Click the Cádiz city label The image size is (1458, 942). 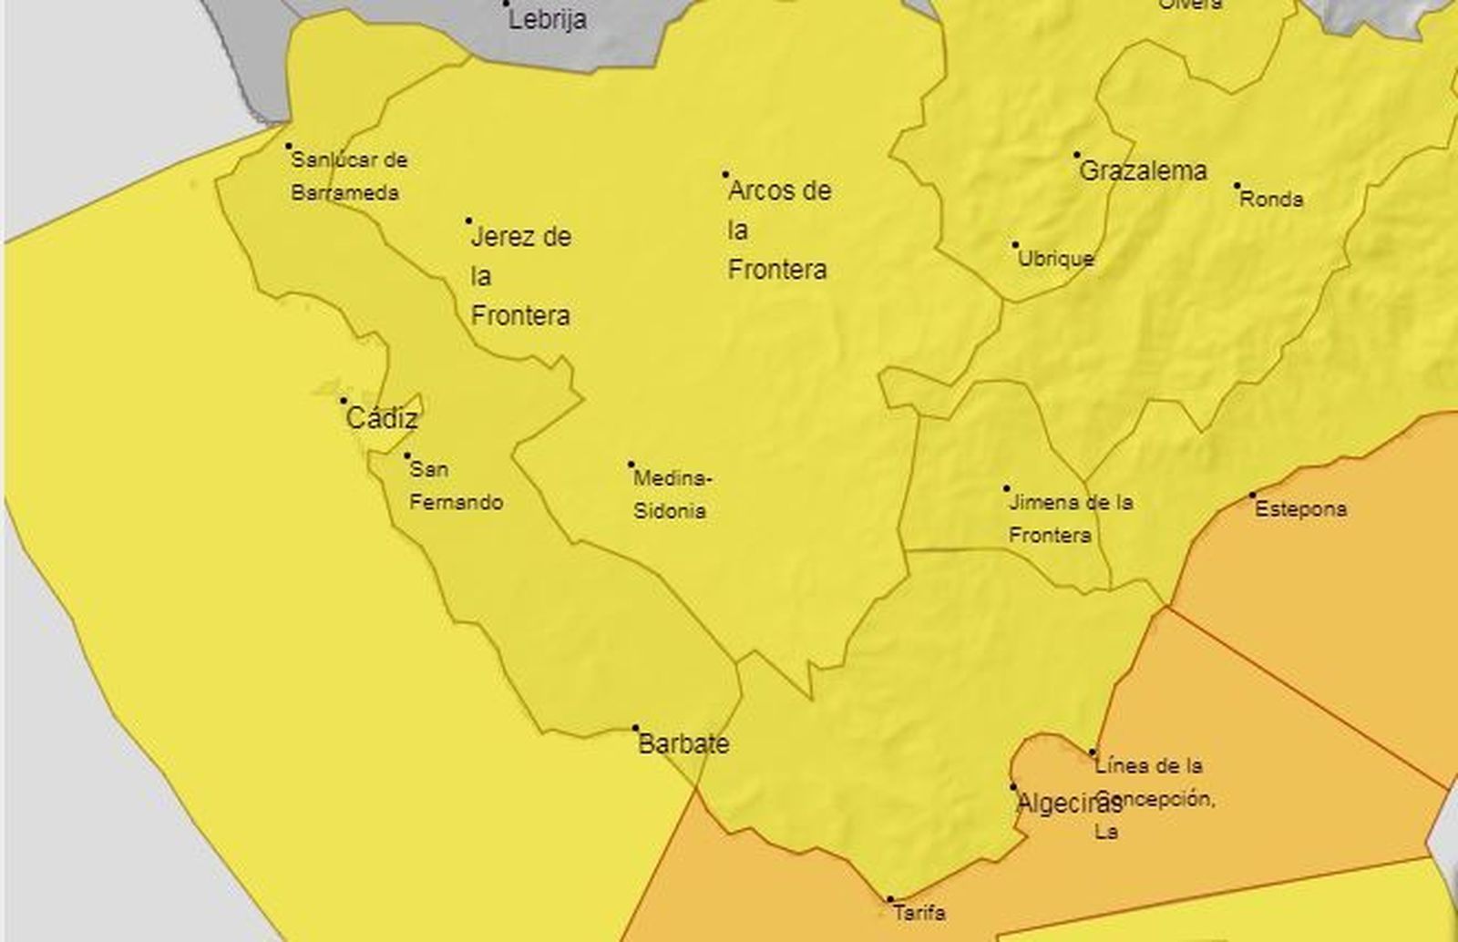point(382,419)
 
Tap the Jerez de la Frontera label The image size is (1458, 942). point(520,276)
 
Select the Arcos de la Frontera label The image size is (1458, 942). point(779,230)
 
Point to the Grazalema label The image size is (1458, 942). point(1143,171)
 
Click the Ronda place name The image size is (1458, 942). point(1271,200)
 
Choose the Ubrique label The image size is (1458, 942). point(1055,259)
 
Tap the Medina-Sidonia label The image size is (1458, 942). point(673,495)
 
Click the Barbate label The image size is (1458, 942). point(683,744)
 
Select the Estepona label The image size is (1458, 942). point(1300,509)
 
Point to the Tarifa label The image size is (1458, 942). point(919,912)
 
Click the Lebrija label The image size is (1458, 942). point(547,20)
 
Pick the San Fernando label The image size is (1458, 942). point(456,486)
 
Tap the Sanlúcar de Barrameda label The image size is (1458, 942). point(348,177)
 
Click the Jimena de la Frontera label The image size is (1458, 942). point(1070,518)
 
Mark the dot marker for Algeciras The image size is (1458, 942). point(1013,786)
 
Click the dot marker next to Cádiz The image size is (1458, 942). point(344,401)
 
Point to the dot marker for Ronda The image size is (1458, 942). point(1237,186)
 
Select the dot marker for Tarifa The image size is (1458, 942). point(890,900)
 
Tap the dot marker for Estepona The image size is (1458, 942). point(1253,496)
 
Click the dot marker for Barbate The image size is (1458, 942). point(636,729)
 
